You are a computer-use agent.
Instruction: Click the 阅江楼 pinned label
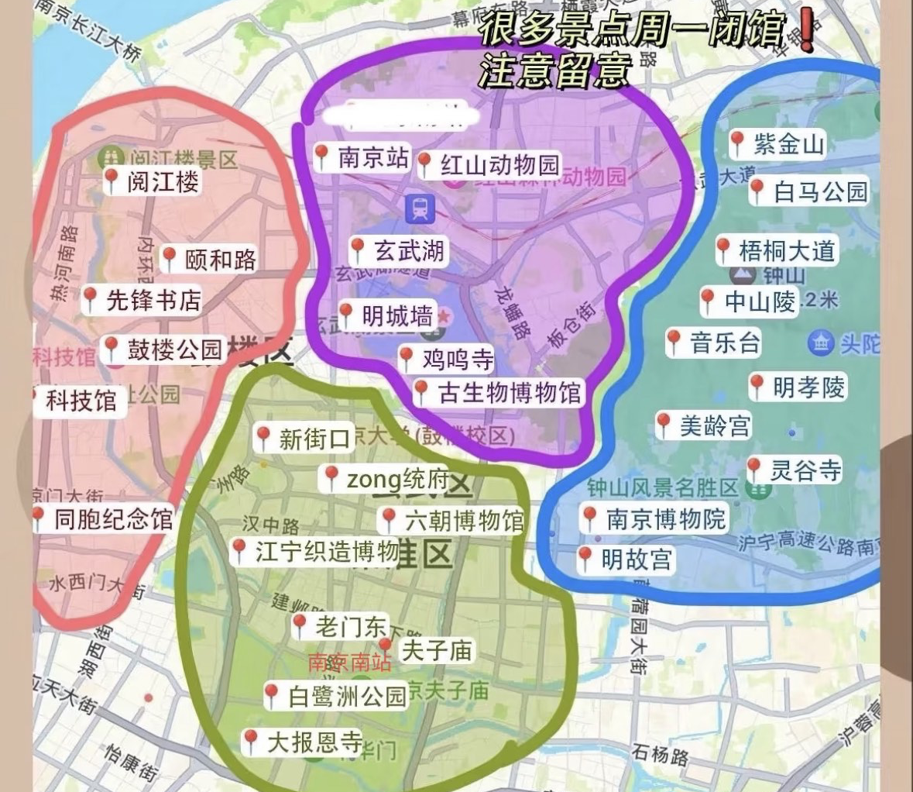(162, 182)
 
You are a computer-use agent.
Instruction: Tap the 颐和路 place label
(220, 260)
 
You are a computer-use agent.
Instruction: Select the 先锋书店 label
(153, 300)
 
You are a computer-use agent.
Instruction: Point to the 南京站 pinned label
(373, 158)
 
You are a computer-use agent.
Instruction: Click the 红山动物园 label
(499, 165)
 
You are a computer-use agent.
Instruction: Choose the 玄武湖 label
(409, 250)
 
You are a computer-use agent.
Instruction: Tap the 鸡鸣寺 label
(457, 360)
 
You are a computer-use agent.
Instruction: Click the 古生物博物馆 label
(509, 393)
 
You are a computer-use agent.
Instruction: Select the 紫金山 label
(788, 143)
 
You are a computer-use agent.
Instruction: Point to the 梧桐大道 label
(787, 250)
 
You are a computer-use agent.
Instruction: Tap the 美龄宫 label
(714, 425)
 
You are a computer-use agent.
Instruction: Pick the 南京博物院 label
(665, 518)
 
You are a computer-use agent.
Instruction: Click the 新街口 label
(314, 439)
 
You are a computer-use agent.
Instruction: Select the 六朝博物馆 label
(464, 521)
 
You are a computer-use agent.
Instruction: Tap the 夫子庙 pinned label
(436, 650)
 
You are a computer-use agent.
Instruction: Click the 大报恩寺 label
(314, 743)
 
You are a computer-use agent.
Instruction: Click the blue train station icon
(420, 208)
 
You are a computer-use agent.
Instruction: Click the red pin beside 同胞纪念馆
(38, 518)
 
